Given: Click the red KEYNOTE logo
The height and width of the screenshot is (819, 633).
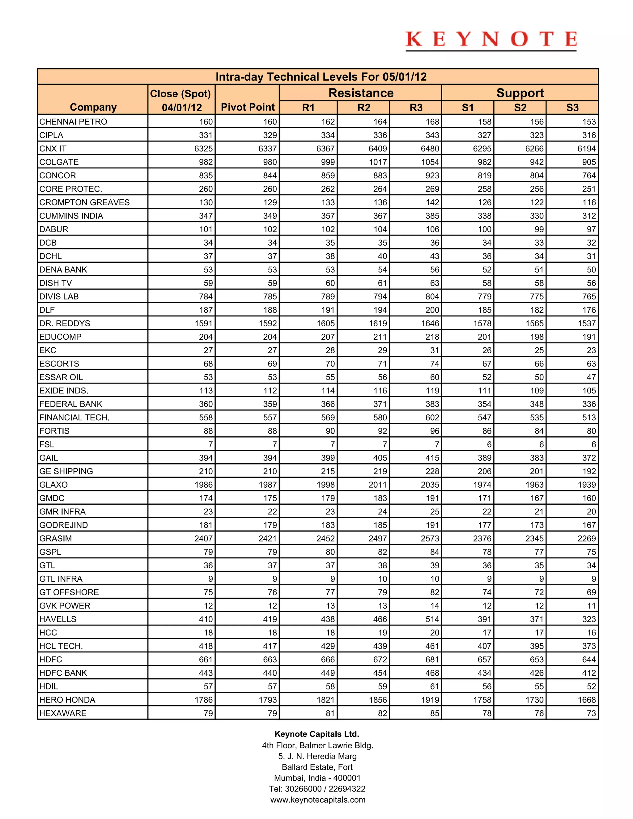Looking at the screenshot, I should (491, 40).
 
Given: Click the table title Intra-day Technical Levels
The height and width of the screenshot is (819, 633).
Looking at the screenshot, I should (321, 77).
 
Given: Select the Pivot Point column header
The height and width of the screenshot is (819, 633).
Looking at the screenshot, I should (248, 107).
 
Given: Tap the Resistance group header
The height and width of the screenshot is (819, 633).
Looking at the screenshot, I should (361, 93).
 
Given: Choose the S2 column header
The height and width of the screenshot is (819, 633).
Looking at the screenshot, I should (520, 108).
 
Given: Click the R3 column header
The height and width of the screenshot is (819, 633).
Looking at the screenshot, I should (416, 108).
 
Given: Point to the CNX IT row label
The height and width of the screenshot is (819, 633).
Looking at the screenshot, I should (53, 148).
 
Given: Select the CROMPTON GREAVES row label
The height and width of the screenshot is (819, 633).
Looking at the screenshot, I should (84, 202).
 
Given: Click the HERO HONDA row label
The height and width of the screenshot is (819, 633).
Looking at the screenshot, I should (67, 700).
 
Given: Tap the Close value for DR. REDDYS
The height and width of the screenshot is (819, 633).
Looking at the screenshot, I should (203, 323).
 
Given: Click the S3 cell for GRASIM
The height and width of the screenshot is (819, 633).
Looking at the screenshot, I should (587, 538).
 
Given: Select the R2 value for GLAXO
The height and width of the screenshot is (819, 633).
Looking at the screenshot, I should (377, 485).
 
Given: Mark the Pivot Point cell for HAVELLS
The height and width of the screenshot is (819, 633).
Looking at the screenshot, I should (270, 619).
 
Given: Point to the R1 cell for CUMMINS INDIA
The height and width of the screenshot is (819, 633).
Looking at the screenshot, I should (328, 216).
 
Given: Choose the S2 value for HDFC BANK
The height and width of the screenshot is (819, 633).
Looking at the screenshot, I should (537, 673).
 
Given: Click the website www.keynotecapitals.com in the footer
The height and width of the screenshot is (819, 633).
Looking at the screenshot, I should (318, 800).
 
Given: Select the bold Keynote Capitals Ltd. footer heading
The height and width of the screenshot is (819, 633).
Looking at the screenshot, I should (317, 734).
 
